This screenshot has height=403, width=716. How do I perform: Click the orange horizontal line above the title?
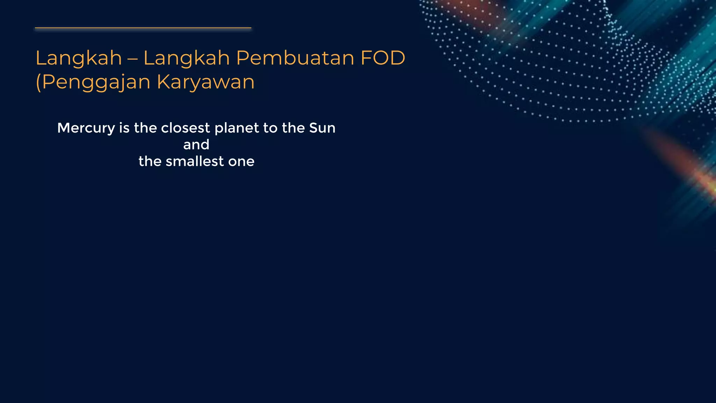point(143,28)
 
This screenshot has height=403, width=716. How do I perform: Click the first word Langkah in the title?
point(79,58)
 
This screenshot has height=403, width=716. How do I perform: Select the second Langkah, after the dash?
point(186,58)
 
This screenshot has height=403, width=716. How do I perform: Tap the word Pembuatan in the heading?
point(295,58)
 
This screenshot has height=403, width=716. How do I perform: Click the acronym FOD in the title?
point(383,58)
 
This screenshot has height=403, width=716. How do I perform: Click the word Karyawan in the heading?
point(206,83)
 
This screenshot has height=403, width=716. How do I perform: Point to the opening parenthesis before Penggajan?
point(38,83)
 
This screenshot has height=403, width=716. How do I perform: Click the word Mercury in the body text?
point(86,128)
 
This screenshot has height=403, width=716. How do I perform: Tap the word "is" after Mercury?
point(124,128)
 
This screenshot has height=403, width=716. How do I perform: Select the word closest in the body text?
point(185,128)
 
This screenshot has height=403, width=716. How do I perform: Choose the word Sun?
point(322,128)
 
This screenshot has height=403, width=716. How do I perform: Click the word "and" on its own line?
point(196,144)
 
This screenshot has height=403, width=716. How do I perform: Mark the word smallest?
point(194,161)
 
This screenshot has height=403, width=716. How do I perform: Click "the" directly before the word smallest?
point(150,161)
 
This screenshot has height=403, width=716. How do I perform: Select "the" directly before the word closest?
point(145,128)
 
